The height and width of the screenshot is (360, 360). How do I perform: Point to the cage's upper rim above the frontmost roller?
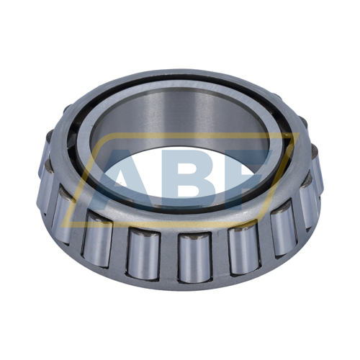pyautogui.click(x=192, y=229)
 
